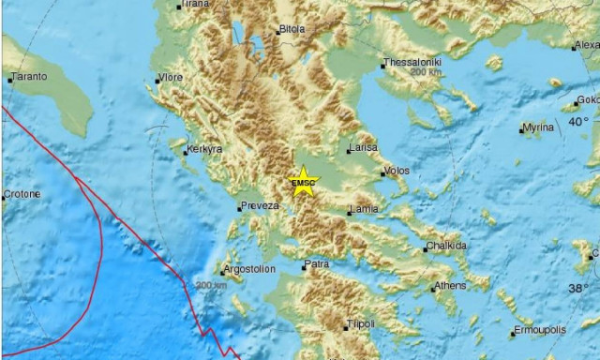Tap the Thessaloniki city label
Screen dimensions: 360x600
coord(412,64)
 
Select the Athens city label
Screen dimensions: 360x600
coord(448,287)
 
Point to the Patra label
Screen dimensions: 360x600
coord(317,265)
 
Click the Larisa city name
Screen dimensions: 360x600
coord(363,147)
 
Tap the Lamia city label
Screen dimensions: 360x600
coord(364,210)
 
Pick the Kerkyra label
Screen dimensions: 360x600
coord(203,149)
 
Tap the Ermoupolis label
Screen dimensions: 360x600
coord(544,332)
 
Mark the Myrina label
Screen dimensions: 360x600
coord(539,127)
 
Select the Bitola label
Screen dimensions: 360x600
coord(292,29)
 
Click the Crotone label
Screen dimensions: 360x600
coord(22,194)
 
